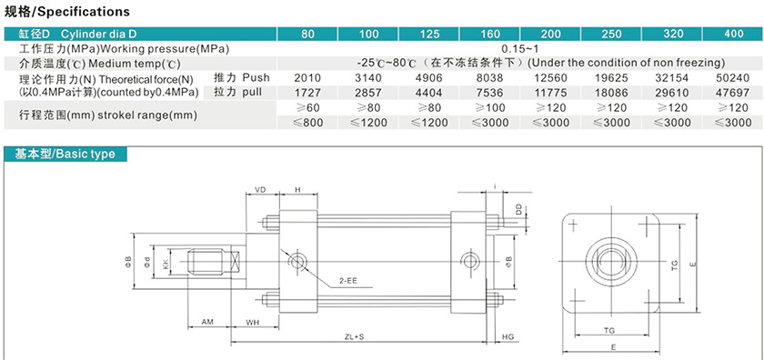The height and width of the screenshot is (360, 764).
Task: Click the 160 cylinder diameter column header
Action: pos(490,35)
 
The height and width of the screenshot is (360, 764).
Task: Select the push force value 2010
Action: pos(308,78)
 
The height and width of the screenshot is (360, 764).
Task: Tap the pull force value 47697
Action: pos(734,93)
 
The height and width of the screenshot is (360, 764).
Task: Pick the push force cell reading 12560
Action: pos(551,78)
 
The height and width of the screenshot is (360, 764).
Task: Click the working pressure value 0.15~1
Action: pos(521,49)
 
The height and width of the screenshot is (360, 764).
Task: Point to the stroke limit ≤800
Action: pos(308,123)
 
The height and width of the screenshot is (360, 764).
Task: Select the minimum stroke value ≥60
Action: pos(308,107)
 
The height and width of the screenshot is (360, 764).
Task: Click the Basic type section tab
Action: pos(65,155)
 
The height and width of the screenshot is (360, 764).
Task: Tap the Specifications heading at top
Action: pos(66,12)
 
